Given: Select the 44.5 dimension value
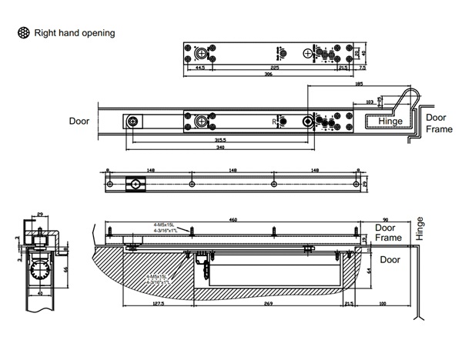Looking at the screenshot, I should [x=199, y=68].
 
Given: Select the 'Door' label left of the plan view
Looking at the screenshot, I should [x=79, y=121].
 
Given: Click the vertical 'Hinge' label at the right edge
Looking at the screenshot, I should [x=420, y=228].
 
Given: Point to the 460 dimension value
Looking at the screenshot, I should [x=233, y=219].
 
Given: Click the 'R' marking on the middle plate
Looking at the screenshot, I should [x=273, y=122].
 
